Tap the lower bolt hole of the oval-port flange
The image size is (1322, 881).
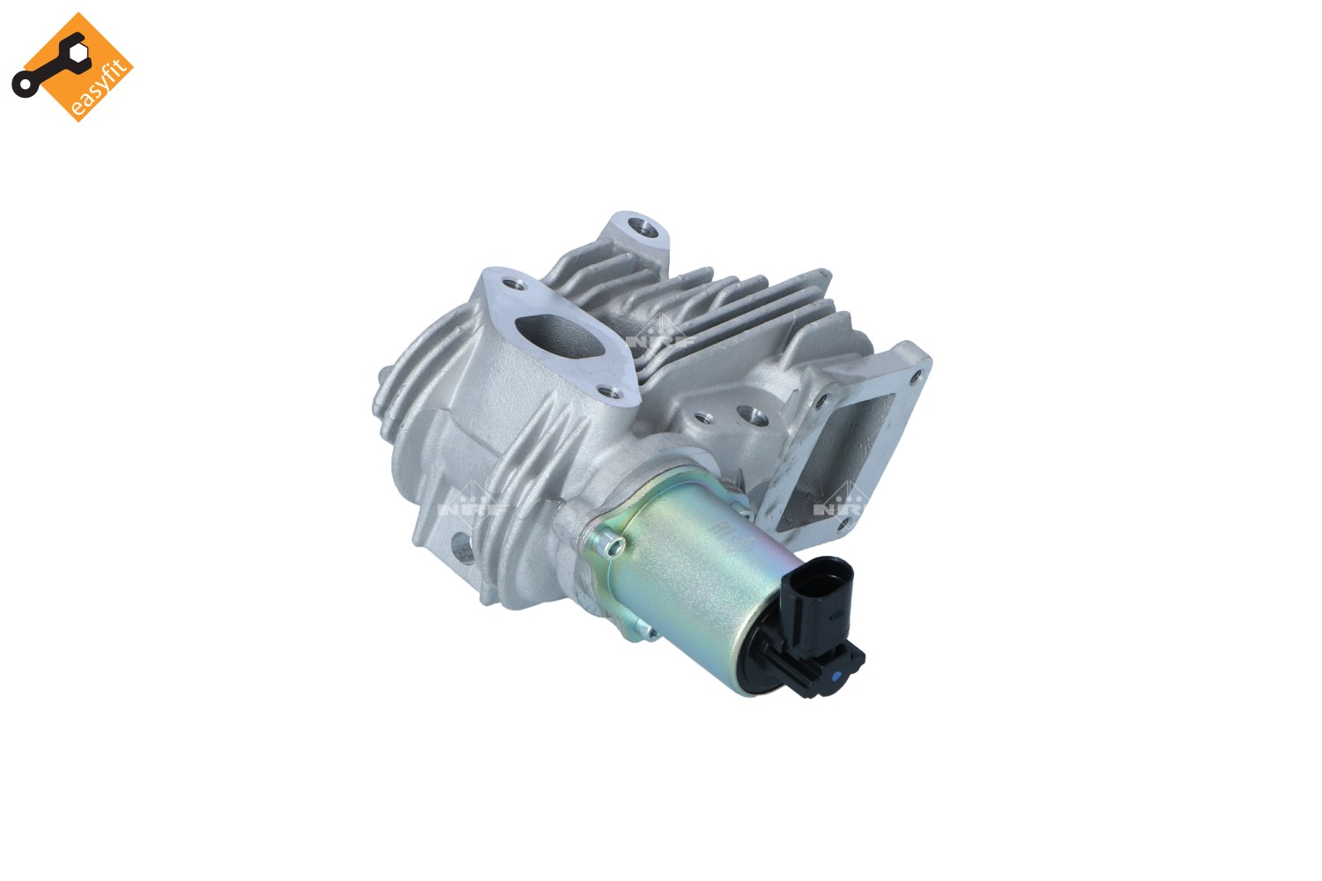(605, 391)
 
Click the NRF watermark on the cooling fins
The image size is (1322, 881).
(657, 336)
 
